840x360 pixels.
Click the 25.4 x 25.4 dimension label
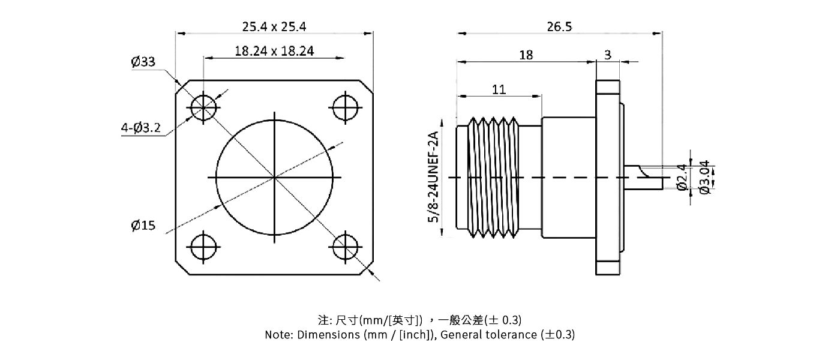coord(274,26)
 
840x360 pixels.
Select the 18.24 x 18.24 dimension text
coord(274,51)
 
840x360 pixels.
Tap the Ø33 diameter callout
coord(143,62)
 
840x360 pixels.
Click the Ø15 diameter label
coord(143,226)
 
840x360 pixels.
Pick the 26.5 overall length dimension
coord(559,26)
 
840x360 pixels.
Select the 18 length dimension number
coord(526,55)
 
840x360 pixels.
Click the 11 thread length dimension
coord(499,89)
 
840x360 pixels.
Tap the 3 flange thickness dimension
coord(608,55)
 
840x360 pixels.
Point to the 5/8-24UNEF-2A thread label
coord(433,178)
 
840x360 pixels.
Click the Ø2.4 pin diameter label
coord(682,178)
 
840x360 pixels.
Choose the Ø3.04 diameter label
coord(704,177)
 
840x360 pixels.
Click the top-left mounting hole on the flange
coord(204,108)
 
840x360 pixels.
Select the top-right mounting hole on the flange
coord(345,108)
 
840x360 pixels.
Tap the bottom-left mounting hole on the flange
coord(204,247)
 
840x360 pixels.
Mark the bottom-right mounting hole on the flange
coord(345,247)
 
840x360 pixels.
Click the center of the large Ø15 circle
coord(275,178)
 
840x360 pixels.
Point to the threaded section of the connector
coord(492,178)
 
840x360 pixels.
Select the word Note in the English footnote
coord(278,335)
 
